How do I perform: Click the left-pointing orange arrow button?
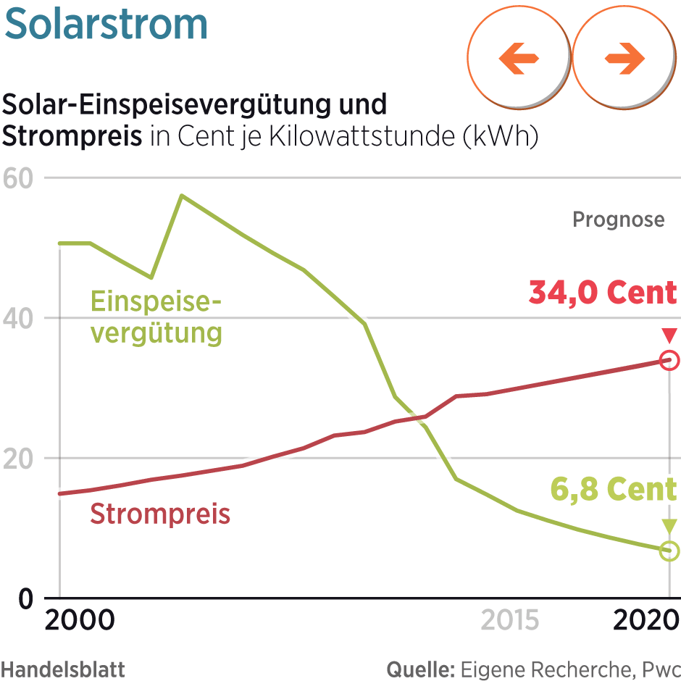pos(519,59)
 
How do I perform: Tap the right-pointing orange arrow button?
pos(624,59)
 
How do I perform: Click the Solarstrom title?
pos(106,25)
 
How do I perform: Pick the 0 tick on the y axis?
pos(26,598)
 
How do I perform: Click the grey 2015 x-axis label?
pos(510,621)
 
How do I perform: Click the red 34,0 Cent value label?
pos(603,293)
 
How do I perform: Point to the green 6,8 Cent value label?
pos(613,490)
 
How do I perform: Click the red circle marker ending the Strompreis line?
pos(669,360)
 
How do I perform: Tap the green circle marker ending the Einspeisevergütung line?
pos(669,551)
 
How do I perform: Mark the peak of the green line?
pos(181,196)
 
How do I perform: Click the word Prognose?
pos(618,220)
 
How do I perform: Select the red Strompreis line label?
pos(159,514)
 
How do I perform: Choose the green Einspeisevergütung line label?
pos(155,317)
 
